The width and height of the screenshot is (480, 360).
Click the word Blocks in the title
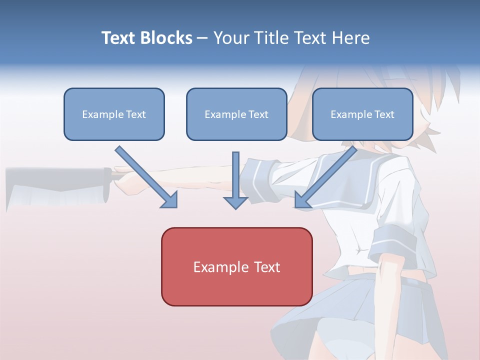[x=167, y=38]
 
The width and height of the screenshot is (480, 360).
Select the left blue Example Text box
[x=114, y=114]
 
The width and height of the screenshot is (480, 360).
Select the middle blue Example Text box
[x=236, y=114]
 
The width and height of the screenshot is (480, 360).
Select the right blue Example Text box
[x=362, y=114]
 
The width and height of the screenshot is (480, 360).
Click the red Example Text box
[x=236, y=266]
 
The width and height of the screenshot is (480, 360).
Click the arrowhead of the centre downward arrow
[x=235, y=202]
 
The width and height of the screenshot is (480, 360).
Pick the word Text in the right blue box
[x=384, y=114]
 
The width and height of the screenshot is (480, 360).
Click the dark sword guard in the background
[x=107, y=185]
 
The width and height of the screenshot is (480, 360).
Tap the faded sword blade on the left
[x=50, y=187]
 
